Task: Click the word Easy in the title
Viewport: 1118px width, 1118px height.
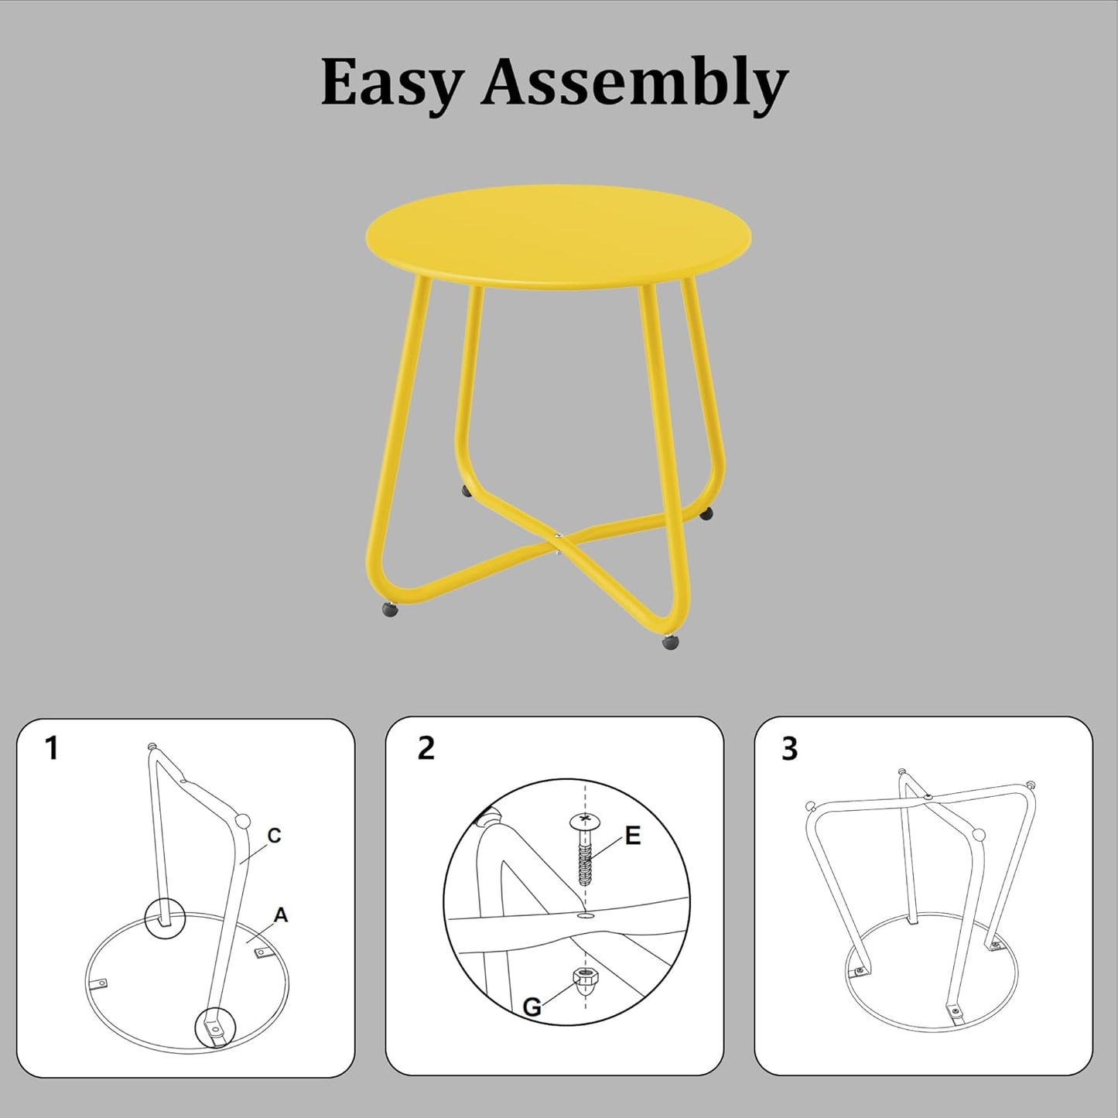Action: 391,83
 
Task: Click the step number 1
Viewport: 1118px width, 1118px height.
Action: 51,748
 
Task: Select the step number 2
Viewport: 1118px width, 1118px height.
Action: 426,748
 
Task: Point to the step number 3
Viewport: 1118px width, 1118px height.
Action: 789,749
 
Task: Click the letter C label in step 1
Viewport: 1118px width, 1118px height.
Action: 273,836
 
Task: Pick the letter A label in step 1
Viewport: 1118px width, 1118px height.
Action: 280,915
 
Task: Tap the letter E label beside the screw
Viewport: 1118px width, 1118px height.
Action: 632,836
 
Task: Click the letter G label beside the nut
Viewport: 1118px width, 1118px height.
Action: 532,1007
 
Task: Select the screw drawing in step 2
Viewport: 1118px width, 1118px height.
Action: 585,851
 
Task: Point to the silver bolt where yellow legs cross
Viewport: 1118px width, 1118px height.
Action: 556,534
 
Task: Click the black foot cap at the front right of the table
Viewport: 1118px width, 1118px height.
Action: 669,641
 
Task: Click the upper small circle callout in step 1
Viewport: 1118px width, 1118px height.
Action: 166,918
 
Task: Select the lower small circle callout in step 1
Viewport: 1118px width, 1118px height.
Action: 214,1028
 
